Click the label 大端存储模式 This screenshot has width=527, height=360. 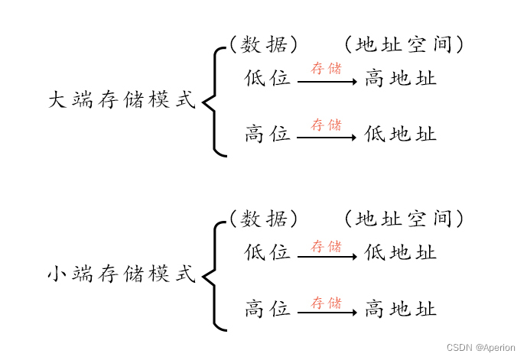coord(122,100)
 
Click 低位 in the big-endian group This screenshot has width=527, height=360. coord(268,79)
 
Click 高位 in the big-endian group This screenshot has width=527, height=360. coord(268,135)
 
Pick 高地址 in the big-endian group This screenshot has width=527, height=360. coord(400,79)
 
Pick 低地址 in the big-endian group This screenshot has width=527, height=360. coord(400,135)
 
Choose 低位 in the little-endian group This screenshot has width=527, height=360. coord(268,253)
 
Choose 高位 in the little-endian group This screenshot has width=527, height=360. coord(268,309)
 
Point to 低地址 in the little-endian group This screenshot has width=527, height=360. coord(400,253)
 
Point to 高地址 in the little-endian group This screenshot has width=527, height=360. coord(400,309)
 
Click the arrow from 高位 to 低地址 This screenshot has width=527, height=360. coord(327,138)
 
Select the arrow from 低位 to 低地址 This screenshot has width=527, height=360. coord(327,256)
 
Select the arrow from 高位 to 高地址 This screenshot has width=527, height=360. coord(327,312)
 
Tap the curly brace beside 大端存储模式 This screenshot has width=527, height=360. coord(213,100)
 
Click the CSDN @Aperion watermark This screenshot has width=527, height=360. coord(481,347)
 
